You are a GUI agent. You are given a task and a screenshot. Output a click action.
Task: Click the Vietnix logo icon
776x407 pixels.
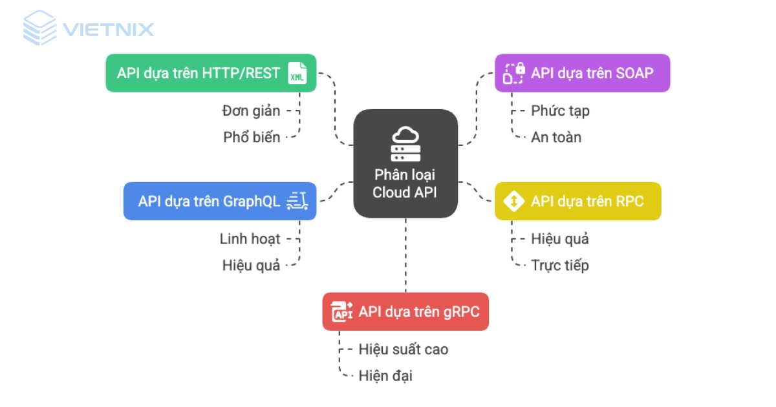pyautogui.click(x=40, y=28)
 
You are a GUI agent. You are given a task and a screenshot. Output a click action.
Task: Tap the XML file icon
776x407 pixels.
pyautogui.click(x=297, y=74)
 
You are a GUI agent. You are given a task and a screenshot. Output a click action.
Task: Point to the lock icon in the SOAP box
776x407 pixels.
pyautogui.click(x=513, y=73)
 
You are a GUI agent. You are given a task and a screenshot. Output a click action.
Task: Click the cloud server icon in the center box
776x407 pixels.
pyautogui.click(x=405, y=144)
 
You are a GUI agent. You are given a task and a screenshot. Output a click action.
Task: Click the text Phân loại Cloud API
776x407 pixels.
pyautogui.click(x=405, y=184)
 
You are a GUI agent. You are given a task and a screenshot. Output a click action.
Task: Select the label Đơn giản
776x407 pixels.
pyautogui.click(x=251, y=110)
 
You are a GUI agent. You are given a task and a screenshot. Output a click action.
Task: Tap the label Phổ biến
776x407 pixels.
pyautogui.click(x=252, y=137)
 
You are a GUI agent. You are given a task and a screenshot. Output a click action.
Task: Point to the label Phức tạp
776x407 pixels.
pyautogui.click(x=560, y=110)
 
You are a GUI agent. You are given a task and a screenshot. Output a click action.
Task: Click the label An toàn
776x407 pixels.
pyautogui.click(x=556, y=137)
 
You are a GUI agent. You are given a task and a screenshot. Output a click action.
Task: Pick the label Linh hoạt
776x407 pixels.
pyautogui.click(x=250, y=239)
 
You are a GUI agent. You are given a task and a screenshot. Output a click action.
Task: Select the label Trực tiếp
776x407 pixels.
pyautogui.click(x=560, y=265)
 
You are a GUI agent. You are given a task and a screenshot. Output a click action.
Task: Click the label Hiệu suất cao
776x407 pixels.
pyautogui.click(x=403, y=350)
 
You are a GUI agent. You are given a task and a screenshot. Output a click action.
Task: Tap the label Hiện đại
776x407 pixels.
pyautogui.click(x=385, y=375)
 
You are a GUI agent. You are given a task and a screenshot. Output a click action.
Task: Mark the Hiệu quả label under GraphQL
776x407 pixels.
pyautogui.click(x=251, y=265)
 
